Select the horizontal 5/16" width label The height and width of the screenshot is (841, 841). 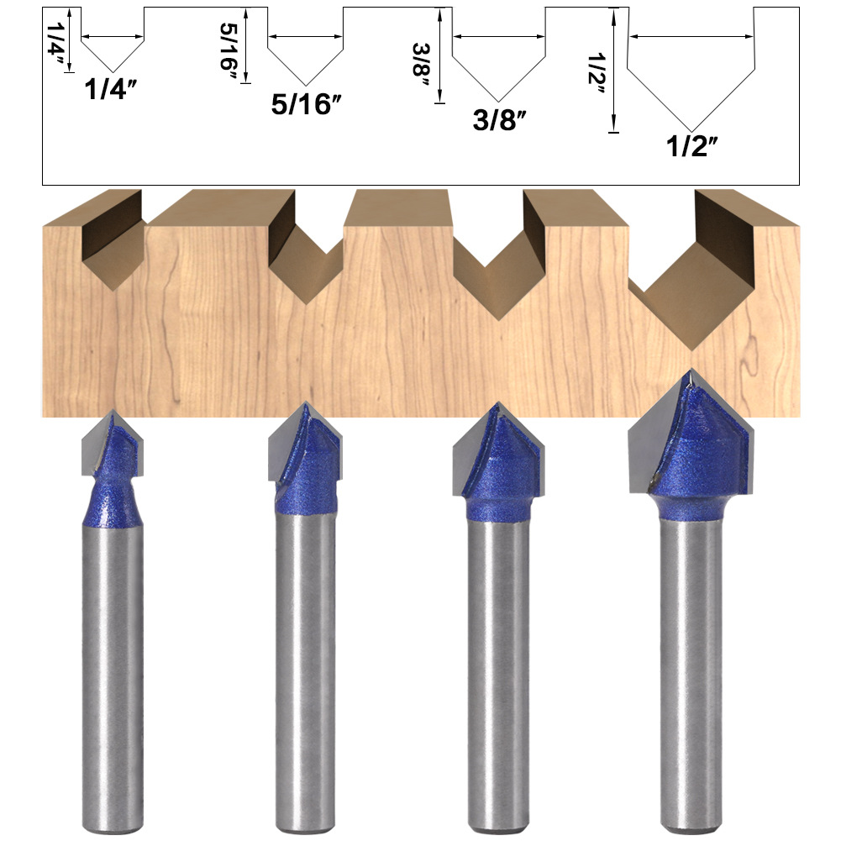[x=307, y=104]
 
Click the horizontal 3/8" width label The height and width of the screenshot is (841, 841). [x=499, y=119]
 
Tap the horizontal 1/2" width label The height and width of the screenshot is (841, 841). [x=692, y=145]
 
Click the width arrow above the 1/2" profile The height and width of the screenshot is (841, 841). [x=691, y=36]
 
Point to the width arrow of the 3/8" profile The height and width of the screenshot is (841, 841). [x=499, y=36]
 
